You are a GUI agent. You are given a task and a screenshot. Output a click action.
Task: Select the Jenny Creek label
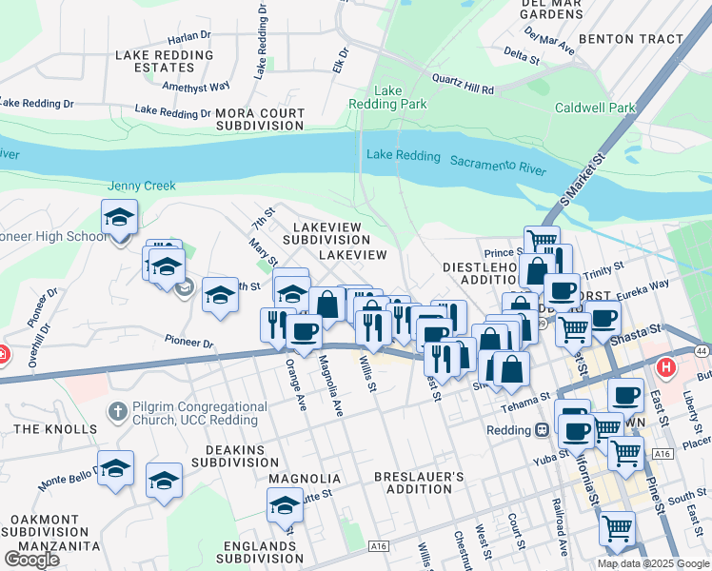pyautogui.click(x=142, y=186)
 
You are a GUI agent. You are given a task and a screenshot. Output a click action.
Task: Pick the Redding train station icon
pyautogui.click(x=542, y=430)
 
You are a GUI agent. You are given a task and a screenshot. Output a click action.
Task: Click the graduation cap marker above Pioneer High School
pyautogui.click(x=119, y=217)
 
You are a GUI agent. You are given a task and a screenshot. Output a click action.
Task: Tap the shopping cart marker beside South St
pyautogui.click(x=618, y=527)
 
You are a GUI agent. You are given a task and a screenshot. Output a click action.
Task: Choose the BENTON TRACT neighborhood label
pyautogui.click(x=630, y=39)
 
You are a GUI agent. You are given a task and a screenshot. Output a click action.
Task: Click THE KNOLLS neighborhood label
pyautogui.click(x=51, y=429)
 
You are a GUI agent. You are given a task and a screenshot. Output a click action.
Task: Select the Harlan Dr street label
pyautogui.click(x=188, y=39)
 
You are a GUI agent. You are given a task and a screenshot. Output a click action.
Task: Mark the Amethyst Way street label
pyautogui.click(x=196, y=86)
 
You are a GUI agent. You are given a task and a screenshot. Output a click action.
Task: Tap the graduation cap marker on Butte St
pyautogui.click(x=285, y=504)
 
